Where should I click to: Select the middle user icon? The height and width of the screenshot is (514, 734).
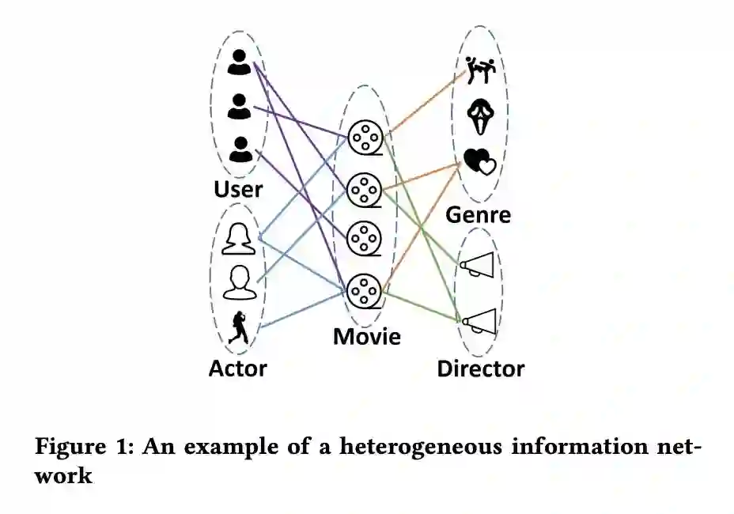(239, 105)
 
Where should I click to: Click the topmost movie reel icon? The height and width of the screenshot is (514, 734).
(365, 138)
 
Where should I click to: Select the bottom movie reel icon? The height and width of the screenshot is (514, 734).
(365, 289)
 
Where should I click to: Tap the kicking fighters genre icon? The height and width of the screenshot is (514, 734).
(480, 70)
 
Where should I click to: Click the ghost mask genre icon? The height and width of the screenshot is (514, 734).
(480, 116)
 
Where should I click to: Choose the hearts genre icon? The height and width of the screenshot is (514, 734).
(479, 162)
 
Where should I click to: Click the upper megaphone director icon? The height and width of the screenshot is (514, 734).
(478, 266)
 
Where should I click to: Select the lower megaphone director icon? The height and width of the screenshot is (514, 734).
(479, 319)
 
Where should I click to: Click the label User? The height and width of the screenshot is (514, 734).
(238, 190)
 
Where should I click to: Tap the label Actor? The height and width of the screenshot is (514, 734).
(238, 368)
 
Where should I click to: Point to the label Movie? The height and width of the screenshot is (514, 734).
(366, 337)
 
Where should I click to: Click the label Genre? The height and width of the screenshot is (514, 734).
(479, 215)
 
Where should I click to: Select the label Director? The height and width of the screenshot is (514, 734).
(480, 368)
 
